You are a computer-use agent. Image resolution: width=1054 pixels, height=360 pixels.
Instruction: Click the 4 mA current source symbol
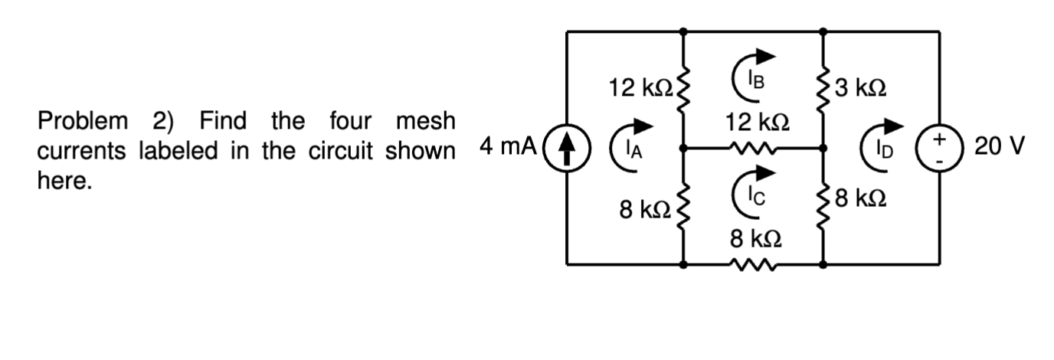[567, 148]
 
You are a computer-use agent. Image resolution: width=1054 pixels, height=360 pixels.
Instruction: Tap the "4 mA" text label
[508, 146]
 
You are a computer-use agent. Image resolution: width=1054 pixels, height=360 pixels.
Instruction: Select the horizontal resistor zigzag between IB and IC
[754, 147]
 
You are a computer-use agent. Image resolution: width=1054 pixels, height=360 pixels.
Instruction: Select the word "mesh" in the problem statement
[425, 121]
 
